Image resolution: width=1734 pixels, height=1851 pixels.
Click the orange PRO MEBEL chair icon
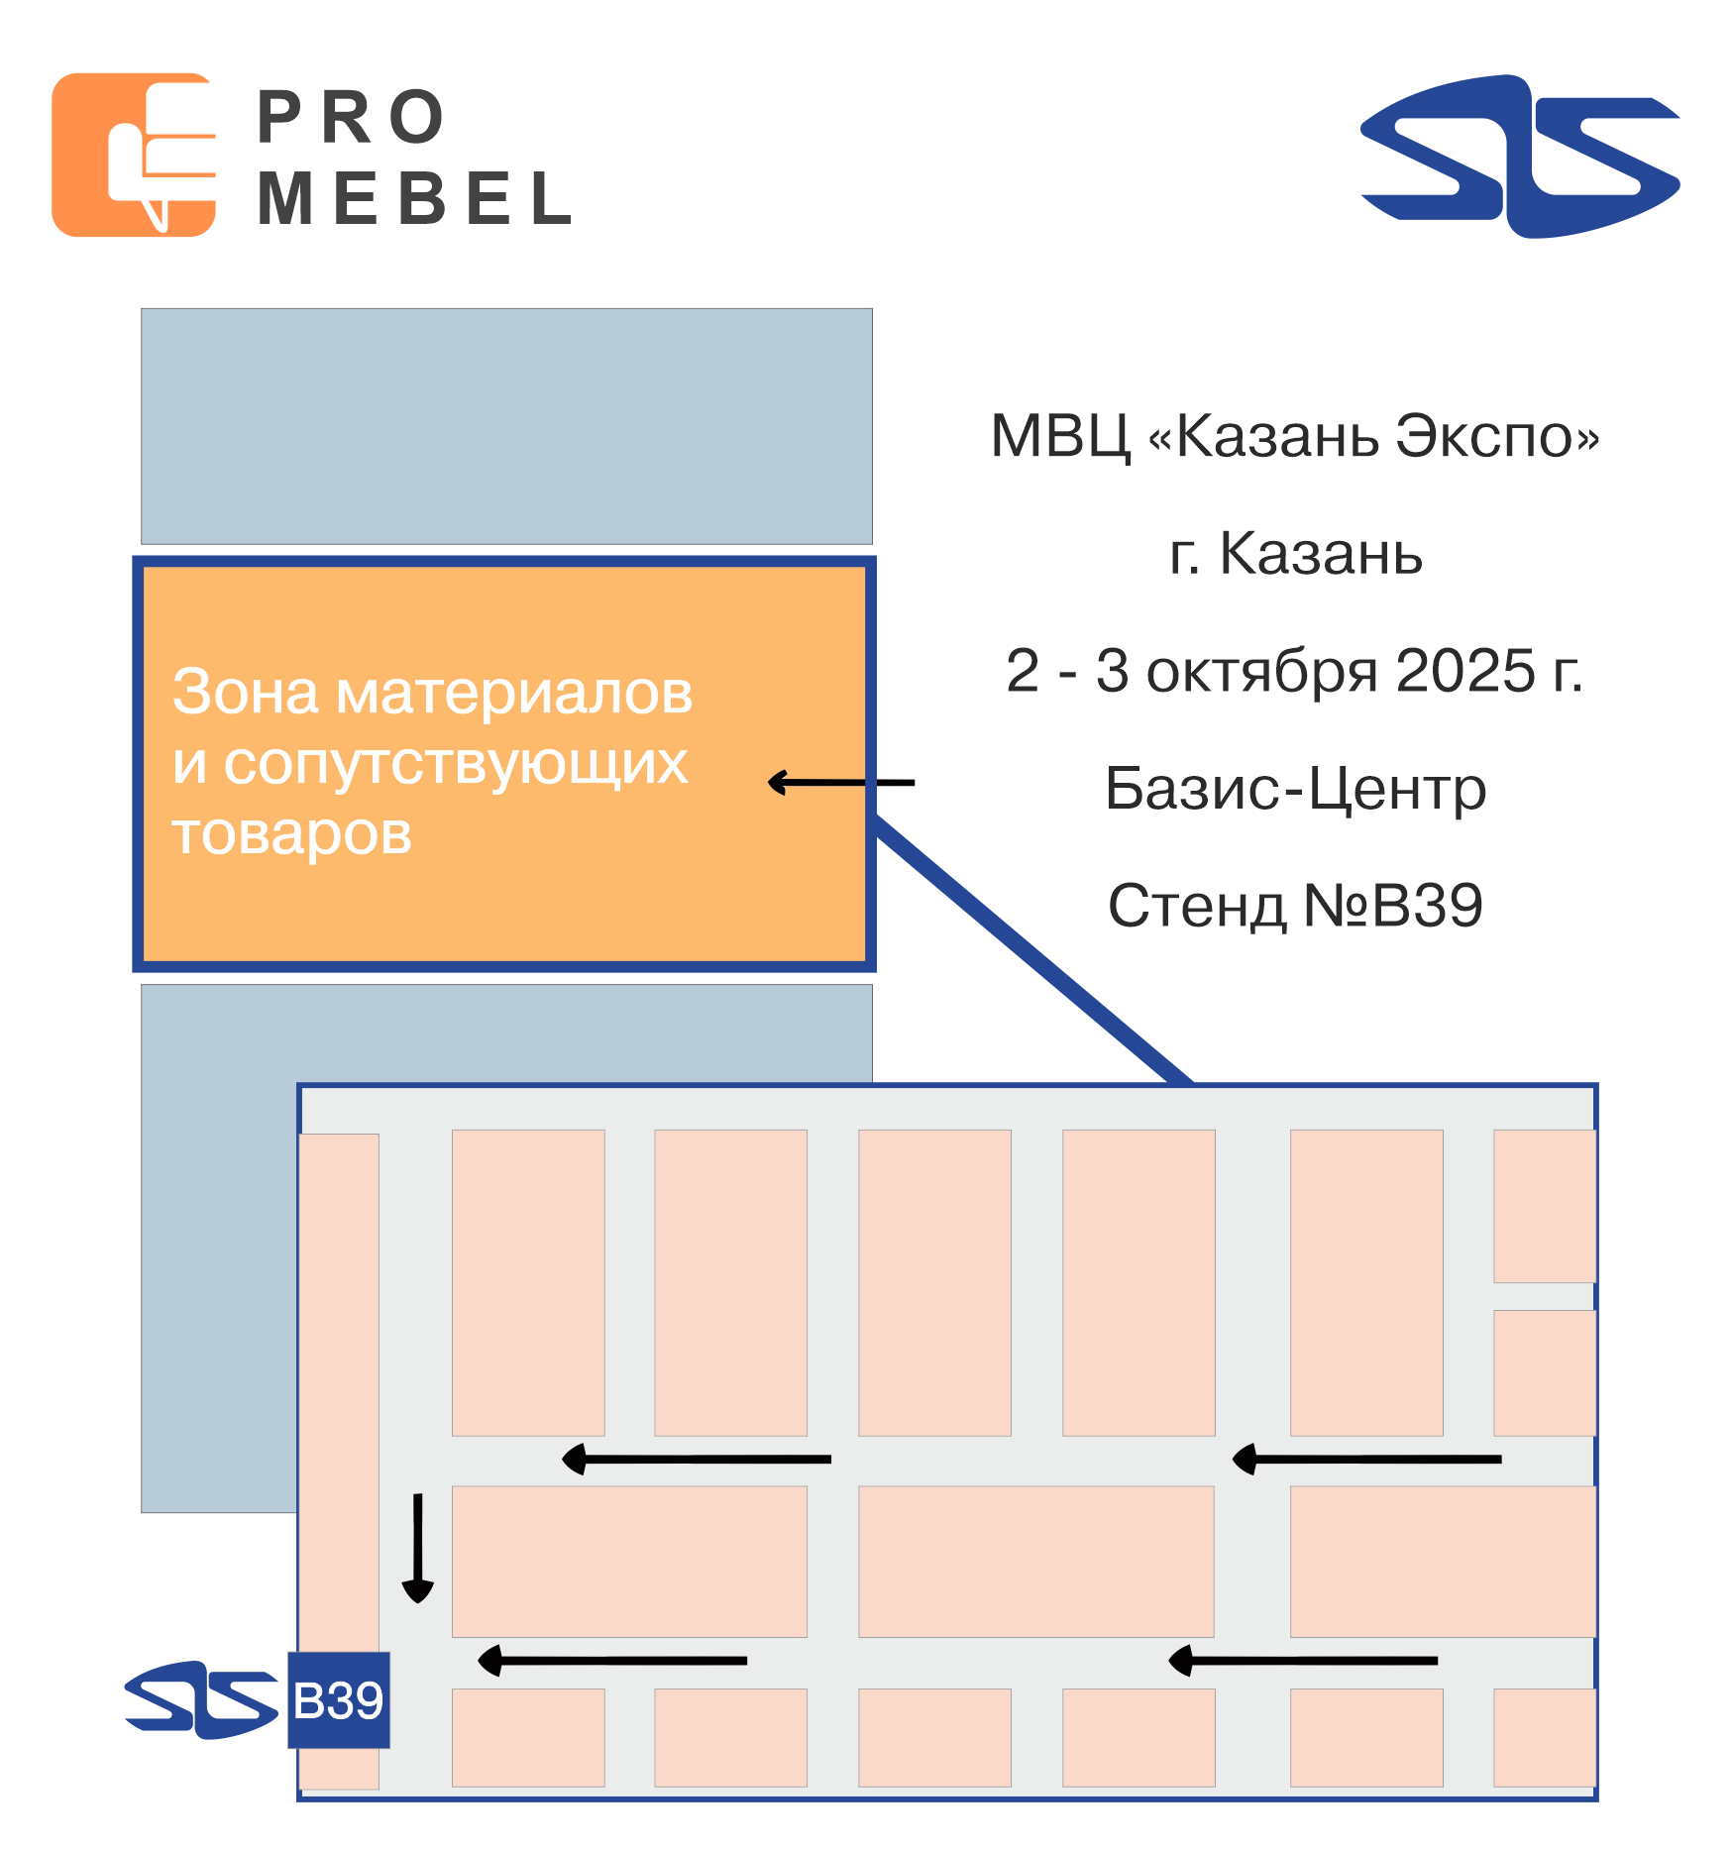click(x=134, y=155)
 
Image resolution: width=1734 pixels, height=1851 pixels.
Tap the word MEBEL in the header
click(x=415, y=198)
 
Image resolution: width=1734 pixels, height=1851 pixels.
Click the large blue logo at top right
click(x=1520, y=157)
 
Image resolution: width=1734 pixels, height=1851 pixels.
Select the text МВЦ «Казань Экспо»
click(x=1295, y=436)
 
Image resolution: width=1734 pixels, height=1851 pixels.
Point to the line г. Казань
click(x=1295, y=553)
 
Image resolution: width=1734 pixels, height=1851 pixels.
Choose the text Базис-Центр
click(x=1295, y=790)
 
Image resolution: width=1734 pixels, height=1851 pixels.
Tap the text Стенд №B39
click(x=1295, y=905)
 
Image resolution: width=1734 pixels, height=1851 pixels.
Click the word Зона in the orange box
click(x=246, y=691)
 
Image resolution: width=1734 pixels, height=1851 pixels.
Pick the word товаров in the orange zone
click(x=291, y=833)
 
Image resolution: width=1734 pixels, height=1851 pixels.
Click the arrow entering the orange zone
click(x=841, y=783)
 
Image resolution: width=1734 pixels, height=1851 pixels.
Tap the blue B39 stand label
click(x=339, y=1700)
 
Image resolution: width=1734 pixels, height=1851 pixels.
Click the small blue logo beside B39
click(x=202, y=1699)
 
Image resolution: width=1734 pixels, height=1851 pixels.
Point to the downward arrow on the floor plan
click(x=417, y=1548)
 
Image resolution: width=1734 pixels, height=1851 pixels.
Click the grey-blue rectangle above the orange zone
click(x=506, y=426)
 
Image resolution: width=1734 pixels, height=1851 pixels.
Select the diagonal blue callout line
click(x=1031, y=949)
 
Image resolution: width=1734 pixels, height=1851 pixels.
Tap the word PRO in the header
click(x=351, y=118)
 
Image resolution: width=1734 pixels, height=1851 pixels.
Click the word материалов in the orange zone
click(x=514, y=693)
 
